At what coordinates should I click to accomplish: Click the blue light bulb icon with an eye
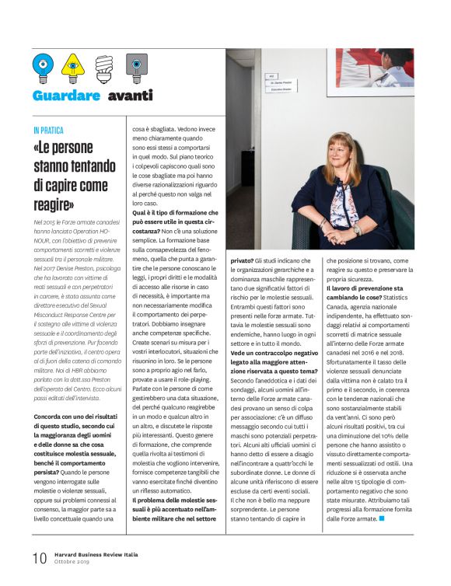tap(44, 68)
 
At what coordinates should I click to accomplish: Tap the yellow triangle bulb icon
tap(72, 68)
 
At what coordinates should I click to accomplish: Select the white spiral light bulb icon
tap(103, 68)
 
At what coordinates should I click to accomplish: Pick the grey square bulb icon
tap(136, 68)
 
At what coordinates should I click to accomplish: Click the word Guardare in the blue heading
tap(66, 96)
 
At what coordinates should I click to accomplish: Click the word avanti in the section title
tap(131, 96)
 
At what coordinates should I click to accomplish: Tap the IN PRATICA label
tap(48, 131)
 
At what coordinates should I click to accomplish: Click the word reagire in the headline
tap(53, 204)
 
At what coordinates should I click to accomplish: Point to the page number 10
tap(39, 558)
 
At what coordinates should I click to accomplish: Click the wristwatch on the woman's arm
tap(356, 230)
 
